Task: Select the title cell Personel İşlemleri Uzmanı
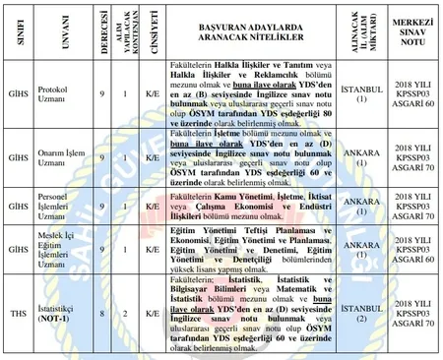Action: (66, 206)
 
